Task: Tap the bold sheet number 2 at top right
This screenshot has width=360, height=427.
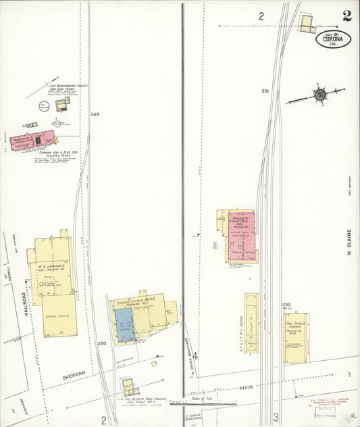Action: point(346,16)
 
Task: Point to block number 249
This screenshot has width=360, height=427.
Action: point(94,115)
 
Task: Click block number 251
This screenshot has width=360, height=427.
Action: point(265,92)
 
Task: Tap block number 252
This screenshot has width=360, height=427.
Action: point(286,305)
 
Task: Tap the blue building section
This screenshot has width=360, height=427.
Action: point(124,324)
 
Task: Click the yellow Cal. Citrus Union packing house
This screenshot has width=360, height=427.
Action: point(294,336)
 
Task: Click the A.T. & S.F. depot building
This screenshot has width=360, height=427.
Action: point(251,324)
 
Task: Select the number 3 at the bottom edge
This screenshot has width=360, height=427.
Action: point(276,418)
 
